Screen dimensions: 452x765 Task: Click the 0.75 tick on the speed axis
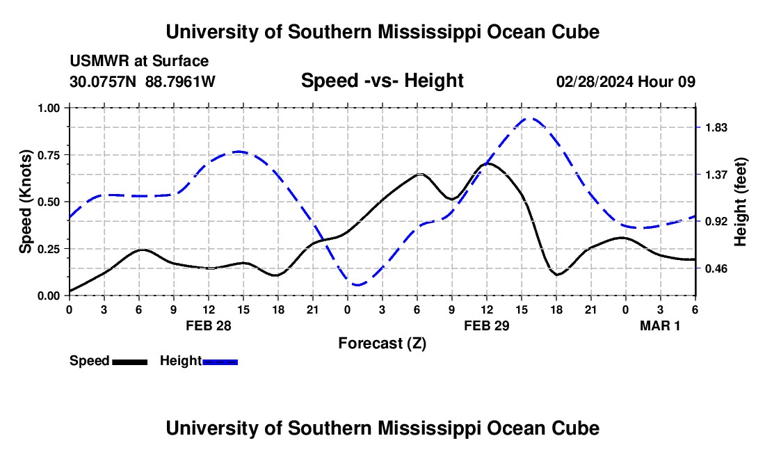click(x=51, y=154)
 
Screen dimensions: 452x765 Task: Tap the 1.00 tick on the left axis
click(x=51, y=108)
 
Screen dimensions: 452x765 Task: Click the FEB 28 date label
click(x=208, y=325)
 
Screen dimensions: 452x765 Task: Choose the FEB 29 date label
click(x=486, y=325)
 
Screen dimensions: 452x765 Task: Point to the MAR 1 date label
click(x=660, y=325)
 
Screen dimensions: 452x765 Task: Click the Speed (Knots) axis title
click(x=26, y=202)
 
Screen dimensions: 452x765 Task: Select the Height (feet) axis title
click(x=741, y=202)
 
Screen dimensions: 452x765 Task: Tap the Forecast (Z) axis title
click(x=382, y=343)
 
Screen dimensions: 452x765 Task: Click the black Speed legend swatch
click(x=129, y=361)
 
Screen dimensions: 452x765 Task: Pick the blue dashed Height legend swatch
click(x=220, y=361)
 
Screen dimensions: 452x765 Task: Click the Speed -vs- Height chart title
click(x=382, y=81)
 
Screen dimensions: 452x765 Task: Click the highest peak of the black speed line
click(x=488, y=163)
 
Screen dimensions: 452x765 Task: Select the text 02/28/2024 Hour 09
click(x=625, y=82)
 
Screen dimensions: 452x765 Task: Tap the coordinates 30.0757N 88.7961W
click(x=143, y=82)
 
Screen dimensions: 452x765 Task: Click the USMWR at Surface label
click(x=139, y=61)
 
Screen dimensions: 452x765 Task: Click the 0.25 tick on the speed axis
click(x=51, y=248)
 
